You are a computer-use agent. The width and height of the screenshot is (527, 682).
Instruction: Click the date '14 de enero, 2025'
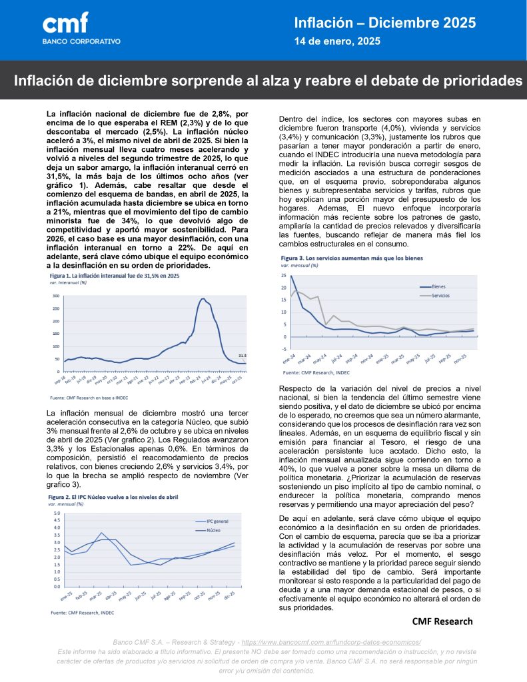click(337, 41)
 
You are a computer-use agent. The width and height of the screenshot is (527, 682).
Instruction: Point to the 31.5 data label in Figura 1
click(242, 356)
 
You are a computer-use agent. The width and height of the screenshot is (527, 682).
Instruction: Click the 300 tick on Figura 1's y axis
click(56, 296)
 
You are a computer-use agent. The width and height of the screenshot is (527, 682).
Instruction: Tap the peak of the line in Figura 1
click(202, 299)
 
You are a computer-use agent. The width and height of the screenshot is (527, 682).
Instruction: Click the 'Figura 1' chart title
click(114, 274)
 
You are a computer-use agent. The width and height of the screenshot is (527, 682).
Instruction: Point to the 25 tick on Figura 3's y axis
click(284, 275)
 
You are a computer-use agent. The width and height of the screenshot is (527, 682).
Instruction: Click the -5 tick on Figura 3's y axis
click(284, 349)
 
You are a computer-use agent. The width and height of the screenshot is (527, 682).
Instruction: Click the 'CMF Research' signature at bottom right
click(442, 621)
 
